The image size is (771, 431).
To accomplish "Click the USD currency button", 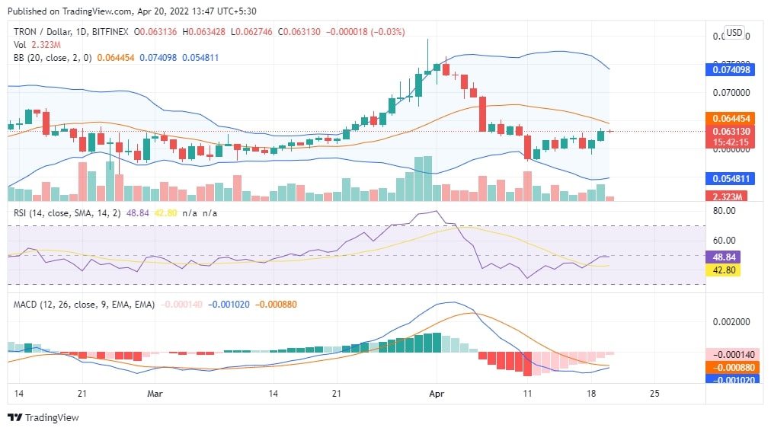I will pyautogui.click(x=734, y=33).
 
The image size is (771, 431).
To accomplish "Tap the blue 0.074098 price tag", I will pyautogui.click(x=731, y=69).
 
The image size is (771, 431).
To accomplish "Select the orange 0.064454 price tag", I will pyautogui.click(x=731, y=119).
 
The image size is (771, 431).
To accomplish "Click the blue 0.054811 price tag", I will pyautogui.click(x=731, y=179).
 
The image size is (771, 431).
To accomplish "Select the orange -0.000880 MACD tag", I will pyautogui.click(x=731, y=366).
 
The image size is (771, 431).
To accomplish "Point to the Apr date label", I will pyautogui.click(x=437, y=394).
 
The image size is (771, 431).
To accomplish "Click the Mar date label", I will pyautogui.click(x=155, y=394).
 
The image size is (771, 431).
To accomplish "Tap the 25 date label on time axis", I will pyautogui.click(x=653, y=394).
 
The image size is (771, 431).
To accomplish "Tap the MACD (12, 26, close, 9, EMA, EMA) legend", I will pyautogui.click(x=84, y=304).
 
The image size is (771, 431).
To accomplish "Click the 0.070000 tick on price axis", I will pyautogui.click(x=731, y=93).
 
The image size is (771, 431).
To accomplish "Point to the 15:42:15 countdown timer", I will pyautogui.click(x=731, y=142).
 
